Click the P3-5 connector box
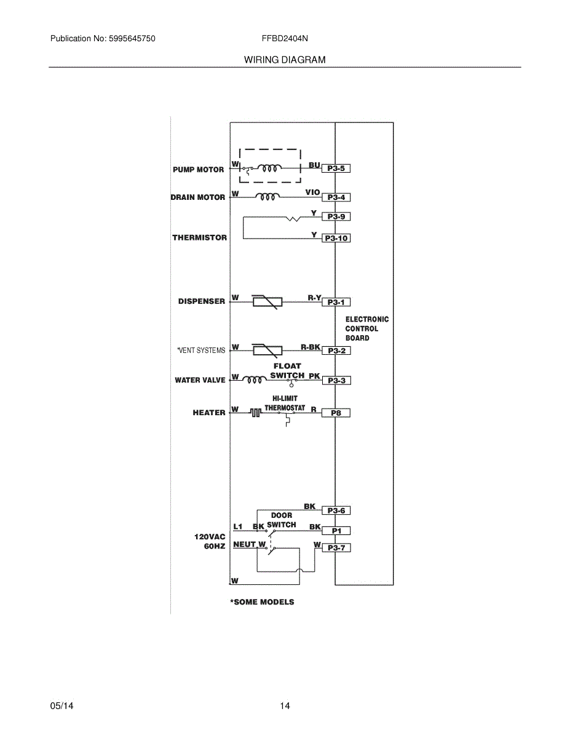(x=336, y=168)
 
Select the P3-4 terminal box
(x=336, y=197)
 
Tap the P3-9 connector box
(x=336, y=216)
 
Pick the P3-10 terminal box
(x=337, y=238)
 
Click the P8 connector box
(x=336, y=413)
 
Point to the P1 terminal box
(x=336, y=530)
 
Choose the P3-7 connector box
(x=336, y=547)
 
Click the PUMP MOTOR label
(x=198, y=170)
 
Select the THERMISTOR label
(x=199, y=237)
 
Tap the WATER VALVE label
(x=200, y=380)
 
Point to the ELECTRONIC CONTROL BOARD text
(x=366, y=328)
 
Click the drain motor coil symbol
(x=267, y=197)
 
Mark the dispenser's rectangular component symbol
(x=267, y=302)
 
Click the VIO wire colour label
(x=312, y=192)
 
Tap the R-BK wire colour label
(x=310, y=347)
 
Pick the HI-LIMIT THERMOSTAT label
(x=285, y=403)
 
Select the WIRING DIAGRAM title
(x=285, y=60)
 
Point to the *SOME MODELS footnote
(x=262, y=602)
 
